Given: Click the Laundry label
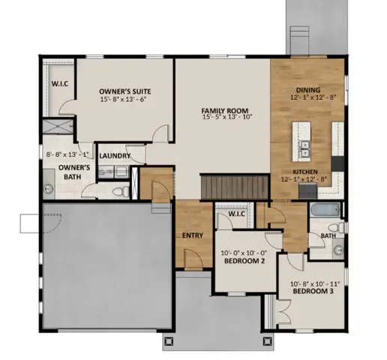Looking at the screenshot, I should pos(115,156).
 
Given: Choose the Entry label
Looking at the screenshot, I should pos(193,235).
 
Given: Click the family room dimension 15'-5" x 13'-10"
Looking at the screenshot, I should pos(226,117).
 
